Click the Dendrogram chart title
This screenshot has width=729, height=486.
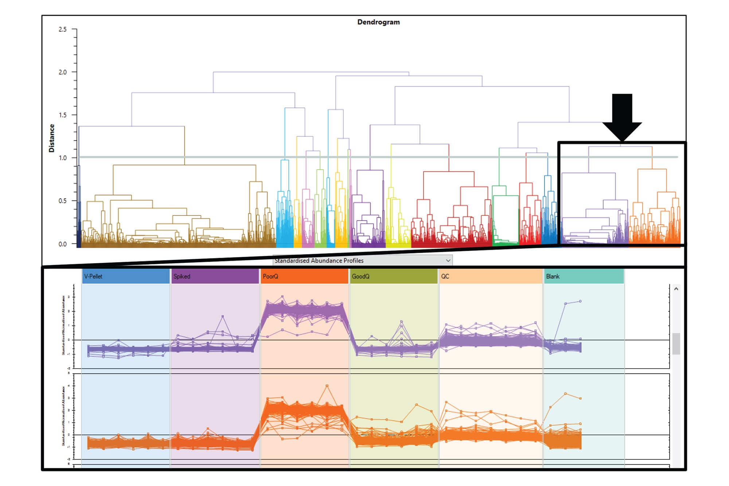[378, 22]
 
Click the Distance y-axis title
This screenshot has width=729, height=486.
[51, 138]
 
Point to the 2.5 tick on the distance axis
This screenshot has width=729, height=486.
[63, 30]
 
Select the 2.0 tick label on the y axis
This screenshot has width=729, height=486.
[63, 72]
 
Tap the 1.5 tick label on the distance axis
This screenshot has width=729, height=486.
[63, 115]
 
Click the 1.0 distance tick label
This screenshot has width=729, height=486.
[63, 158]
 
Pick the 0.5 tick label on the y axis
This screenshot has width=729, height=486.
[63, 201]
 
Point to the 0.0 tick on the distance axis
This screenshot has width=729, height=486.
[63, 244]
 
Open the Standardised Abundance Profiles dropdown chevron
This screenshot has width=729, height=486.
[448, 260]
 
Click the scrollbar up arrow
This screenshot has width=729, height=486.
[676, 289]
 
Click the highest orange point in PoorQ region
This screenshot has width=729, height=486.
[327, 386]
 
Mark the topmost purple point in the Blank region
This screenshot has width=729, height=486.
[580, 302]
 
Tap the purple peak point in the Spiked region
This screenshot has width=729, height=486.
[223, 316]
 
